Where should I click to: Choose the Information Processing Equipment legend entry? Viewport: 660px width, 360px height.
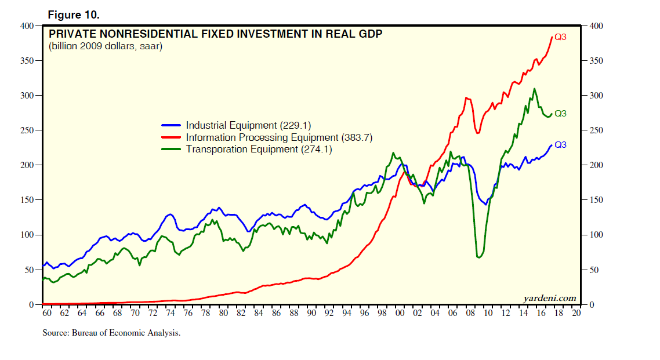(x=279, y=137)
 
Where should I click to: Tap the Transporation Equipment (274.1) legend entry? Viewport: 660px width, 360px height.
(x=259, y=150)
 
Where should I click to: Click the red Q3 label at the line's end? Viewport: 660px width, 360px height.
(x=560, y=37)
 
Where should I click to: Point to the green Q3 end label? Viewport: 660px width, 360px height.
(x=560, y=114)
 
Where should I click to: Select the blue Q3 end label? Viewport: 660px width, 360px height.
(x=560, y=145)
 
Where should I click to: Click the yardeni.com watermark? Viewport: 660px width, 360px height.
(x=549, y=298)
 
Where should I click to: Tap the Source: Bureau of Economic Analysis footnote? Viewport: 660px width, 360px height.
(x=111, y=333)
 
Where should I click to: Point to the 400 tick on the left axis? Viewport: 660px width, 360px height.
(x=27, y=26)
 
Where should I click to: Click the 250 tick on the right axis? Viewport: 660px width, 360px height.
(x=596, y=130)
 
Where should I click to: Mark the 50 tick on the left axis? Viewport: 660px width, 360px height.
(x=30, y=270)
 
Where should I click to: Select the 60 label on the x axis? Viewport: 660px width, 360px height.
(x=47, y=313)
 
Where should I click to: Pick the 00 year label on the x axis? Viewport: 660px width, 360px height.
(x=400, y=313)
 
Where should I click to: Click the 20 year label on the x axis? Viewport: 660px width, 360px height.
(x=576, y=313)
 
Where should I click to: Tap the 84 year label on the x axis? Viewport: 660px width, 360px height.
(x=259, y=313)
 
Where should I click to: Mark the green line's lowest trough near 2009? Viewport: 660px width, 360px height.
(x=478, y=257)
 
